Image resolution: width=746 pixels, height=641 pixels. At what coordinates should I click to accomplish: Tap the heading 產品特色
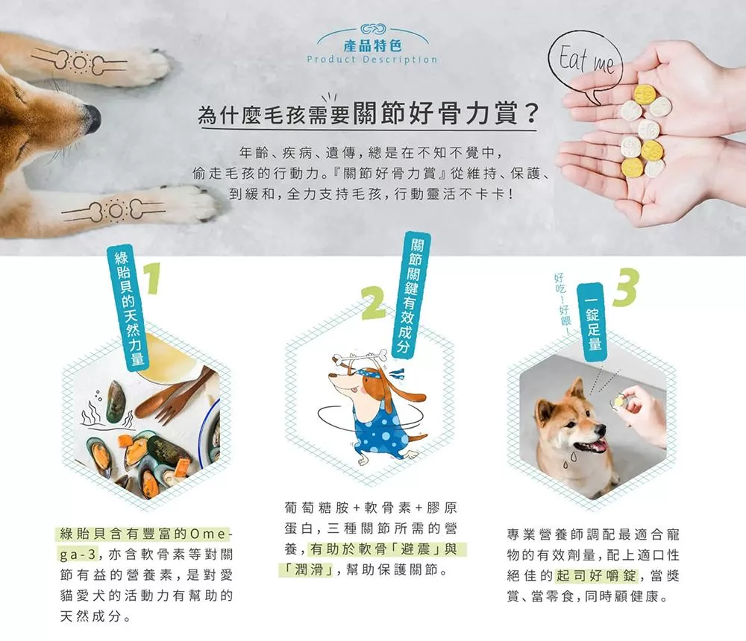[x=372, y=45]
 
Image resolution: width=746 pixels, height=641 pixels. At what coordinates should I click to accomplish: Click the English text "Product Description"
[x=372, y=60]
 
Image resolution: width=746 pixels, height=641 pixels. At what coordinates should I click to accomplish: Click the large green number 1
[x=151, y=278]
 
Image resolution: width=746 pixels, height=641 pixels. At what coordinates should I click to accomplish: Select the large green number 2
[x=374, y=303]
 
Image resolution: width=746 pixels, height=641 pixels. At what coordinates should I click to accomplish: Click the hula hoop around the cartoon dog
[x=371, y=417]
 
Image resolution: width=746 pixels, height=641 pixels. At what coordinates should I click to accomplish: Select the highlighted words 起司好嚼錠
[x=595, y=576]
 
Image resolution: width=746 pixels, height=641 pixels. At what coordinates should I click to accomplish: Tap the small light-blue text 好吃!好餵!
[x=562, y=305]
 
